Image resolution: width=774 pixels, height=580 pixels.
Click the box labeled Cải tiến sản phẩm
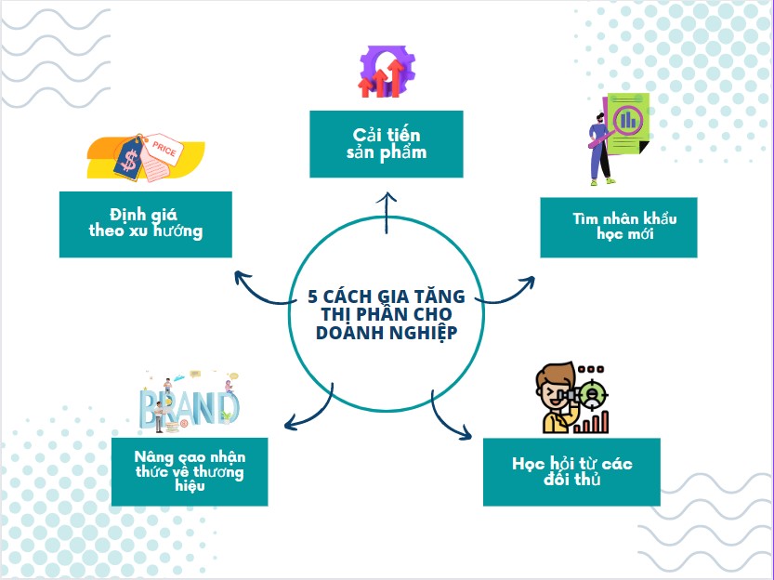click(x=386, y=144)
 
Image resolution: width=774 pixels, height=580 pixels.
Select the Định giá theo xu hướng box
click(x=145, y=225)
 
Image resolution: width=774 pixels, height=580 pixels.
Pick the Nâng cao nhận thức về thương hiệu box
click(x=190, y=471)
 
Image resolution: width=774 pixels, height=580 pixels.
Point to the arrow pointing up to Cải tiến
click(x=387, y=210)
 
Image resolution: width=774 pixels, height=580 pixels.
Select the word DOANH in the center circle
click(x=349, y=334)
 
